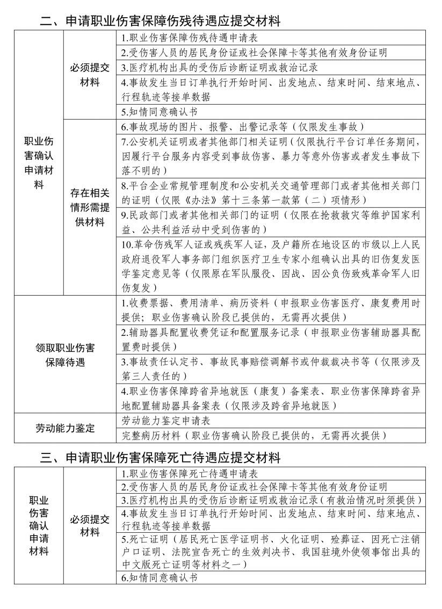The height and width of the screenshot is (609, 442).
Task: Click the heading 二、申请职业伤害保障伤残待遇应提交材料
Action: [x=161, y=21]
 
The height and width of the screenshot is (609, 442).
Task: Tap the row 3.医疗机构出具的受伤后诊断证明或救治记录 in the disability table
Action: [x=220, y=68]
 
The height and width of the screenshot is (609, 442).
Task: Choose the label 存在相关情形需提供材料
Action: [x=90, y=208]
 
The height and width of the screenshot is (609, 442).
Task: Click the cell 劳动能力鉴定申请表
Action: [x=161, y=420]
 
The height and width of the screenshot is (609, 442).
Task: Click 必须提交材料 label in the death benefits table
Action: [x=90, y=526]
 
